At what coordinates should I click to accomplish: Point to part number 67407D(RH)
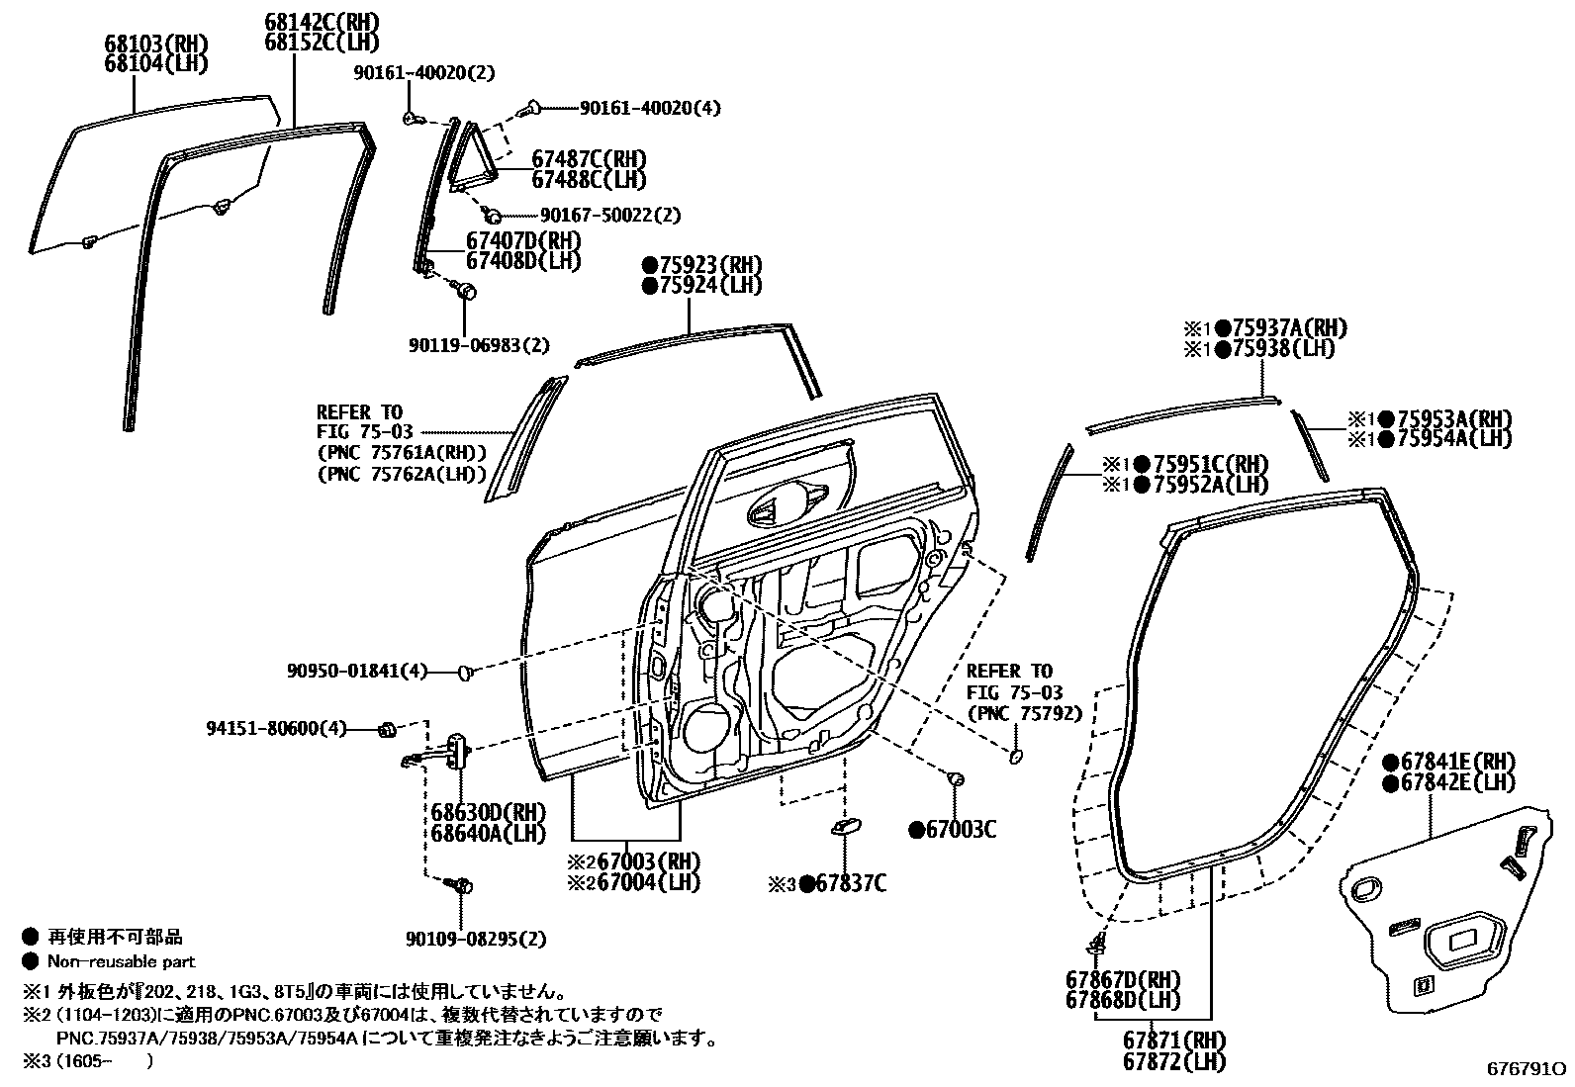(523, 241)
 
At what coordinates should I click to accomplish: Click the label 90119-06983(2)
(479, 345)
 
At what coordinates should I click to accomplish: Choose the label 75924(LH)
(701, 286)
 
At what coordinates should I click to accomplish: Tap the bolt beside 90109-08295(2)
(460, 884)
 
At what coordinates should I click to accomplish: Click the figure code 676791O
(1527, 1070)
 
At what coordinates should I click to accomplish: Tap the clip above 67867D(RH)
(1095, 942)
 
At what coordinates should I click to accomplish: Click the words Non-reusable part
(122, 961)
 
